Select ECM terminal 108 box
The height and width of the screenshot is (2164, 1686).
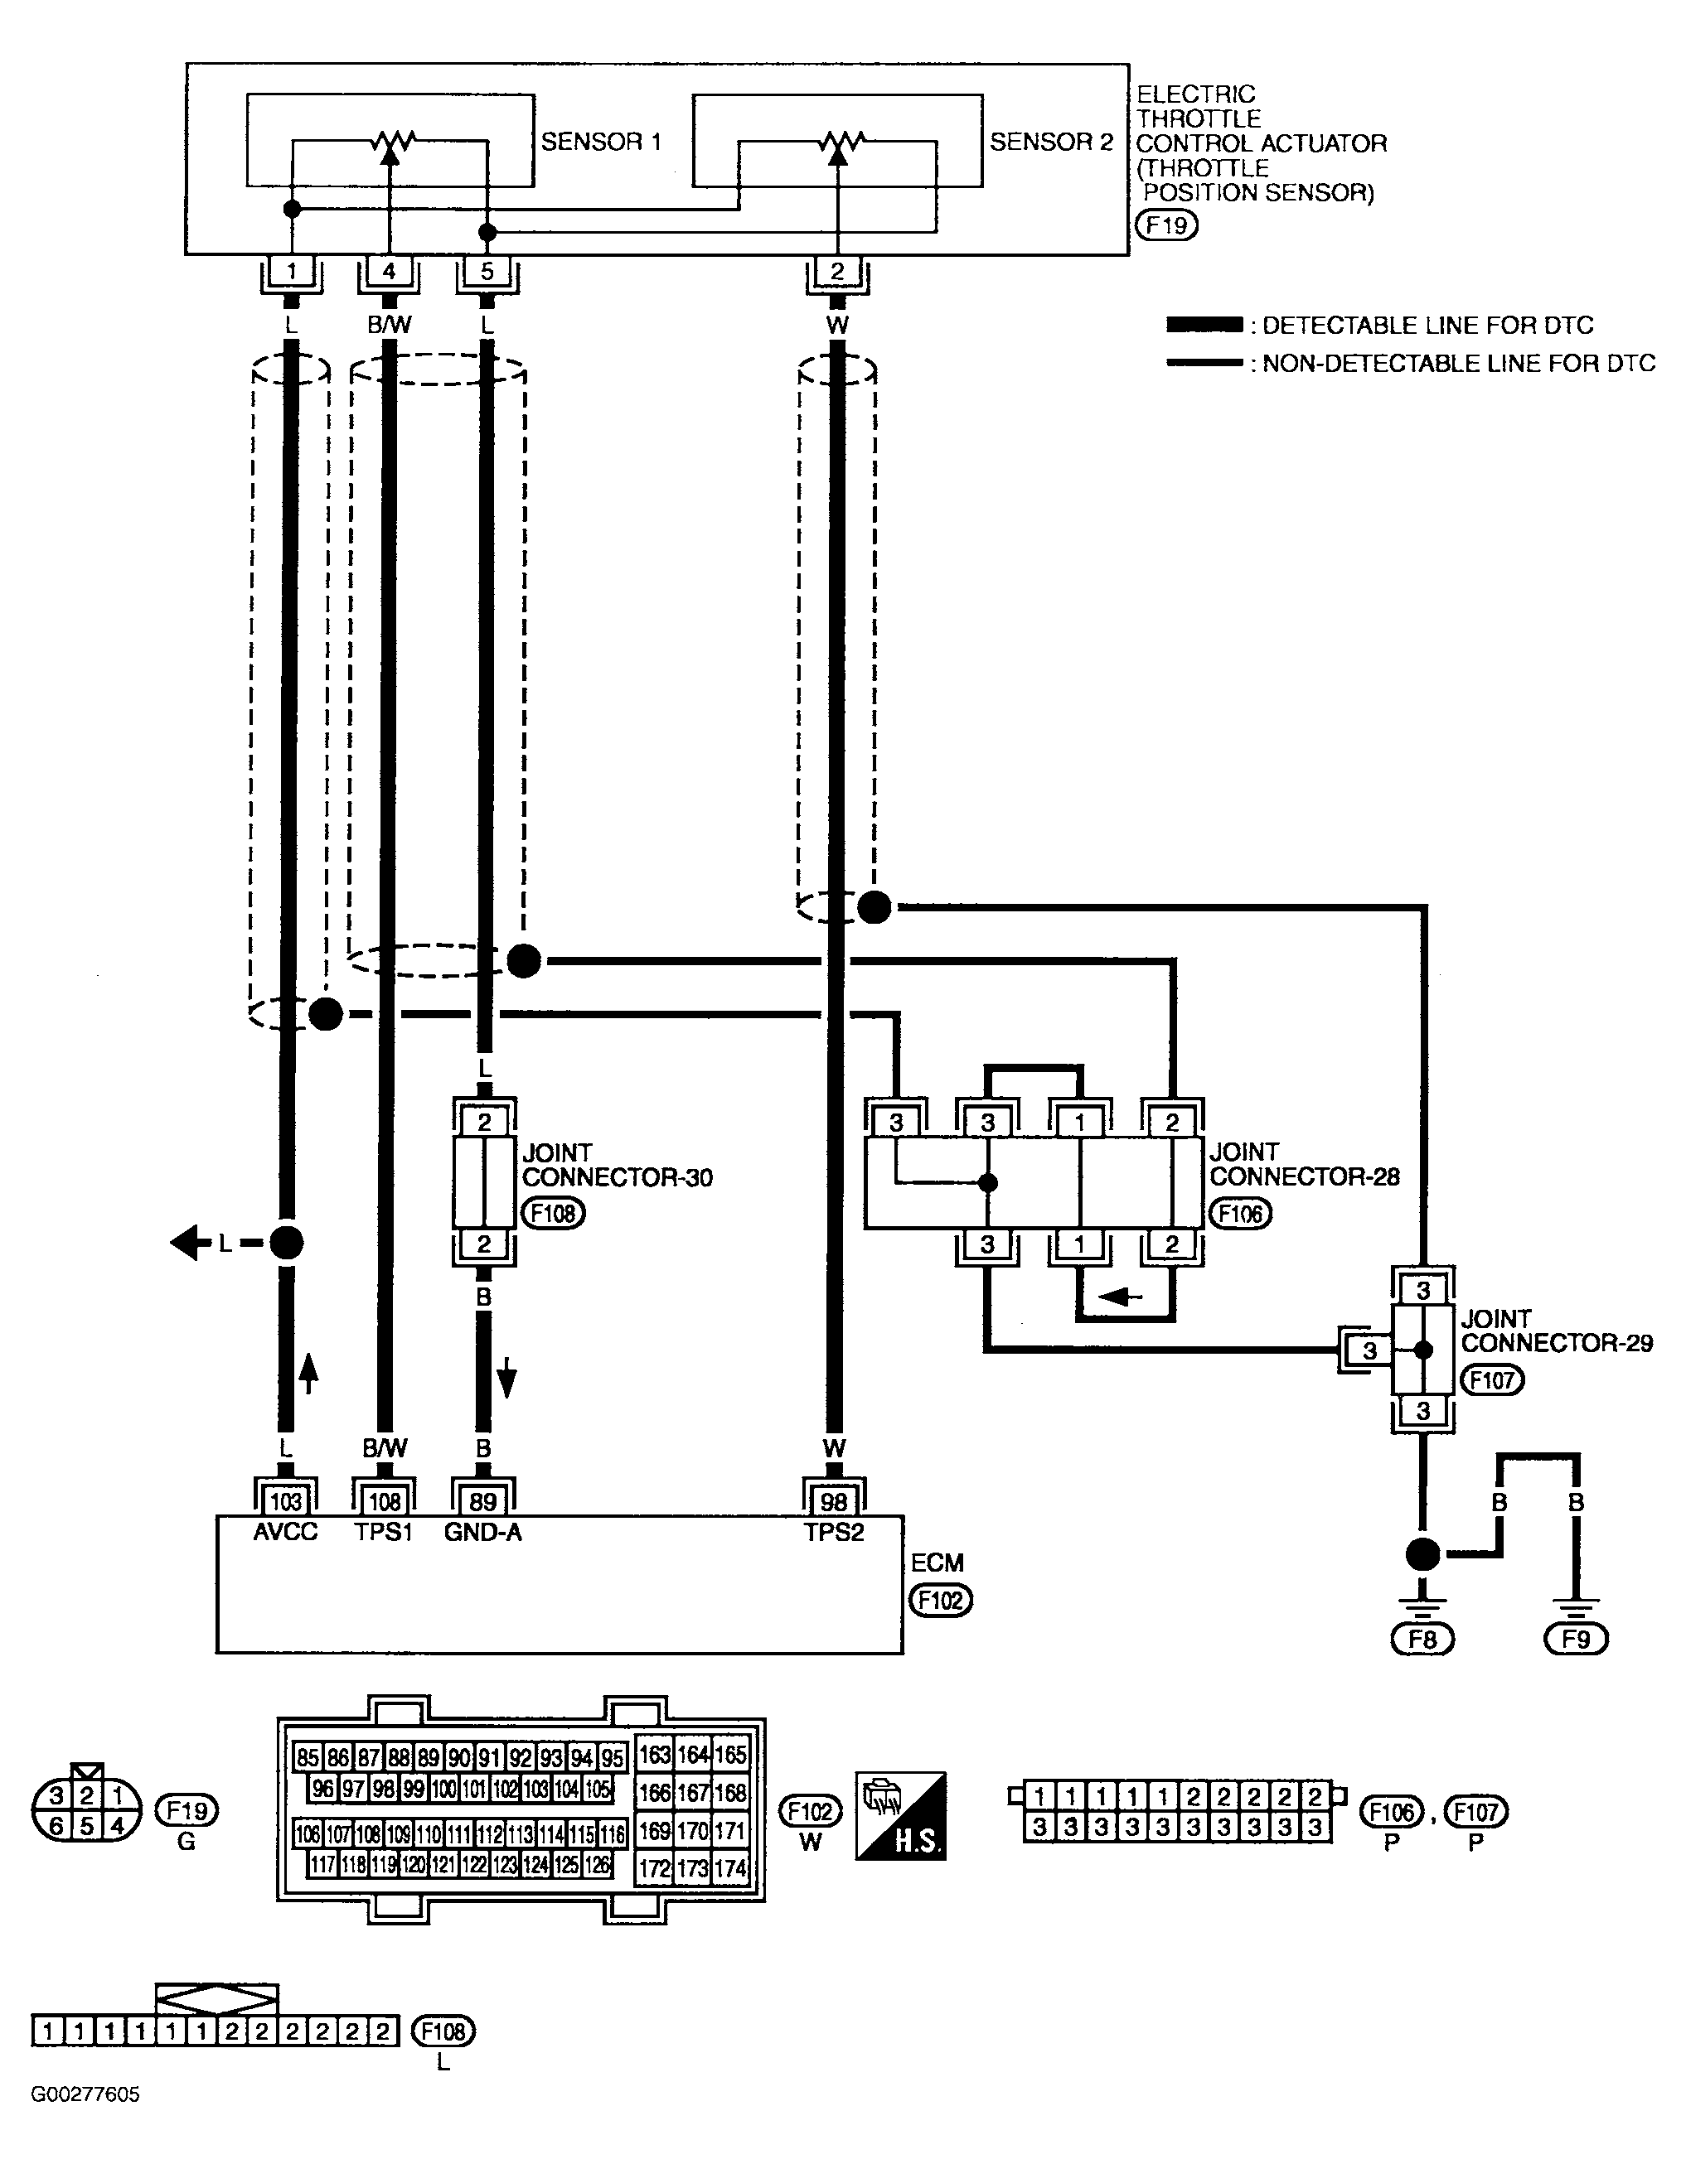pyautogui.click(x=385, y=1501)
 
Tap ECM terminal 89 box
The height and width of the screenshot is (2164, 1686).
pyautogui.click(x=482, y=1501)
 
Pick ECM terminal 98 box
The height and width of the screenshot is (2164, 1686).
pyautogui.click(x=835, y=1501)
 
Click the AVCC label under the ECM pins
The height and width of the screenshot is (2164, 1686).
pyautogui.click(x=285, y=1533)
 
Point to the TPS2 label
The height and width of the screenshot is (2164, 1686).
pyautogui.click(x=834, y=1533)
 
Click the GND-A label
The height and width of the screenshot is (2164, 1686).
pyautogui.click(x=482, y=1533)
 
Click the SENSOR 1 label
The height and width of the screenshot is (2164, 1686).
pyautogui.click(x=601, y=142)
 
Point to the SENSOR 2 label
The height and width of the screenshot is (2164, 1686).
pyautogui.click(x=1052, y=142)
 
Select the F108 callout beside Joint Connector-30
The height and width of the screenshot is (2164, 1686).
pyautogui.click(x=553, y=1213)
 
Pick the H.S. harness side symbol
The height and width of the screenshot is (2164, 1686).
pyautogui.click(x=901, y=1815)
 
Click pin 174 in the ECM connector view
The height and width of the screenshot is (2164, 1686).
pyautogui.click(x=729, y=1869)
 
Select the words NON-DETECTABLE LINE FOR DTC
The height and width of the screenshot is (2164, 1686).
pyautogui.click(x=1459, y=364)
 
